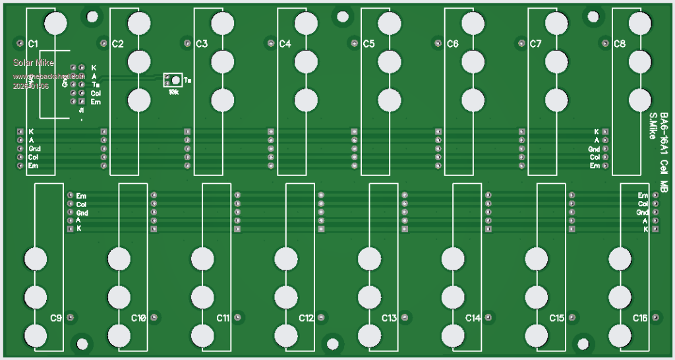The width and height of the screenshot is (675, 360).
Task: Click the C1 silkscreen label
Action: (33, 44)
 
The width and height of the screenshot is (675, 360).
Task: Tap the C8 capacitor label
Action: (619, 44)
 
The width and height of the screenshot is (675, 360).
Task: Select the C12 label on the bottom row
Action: (306, 318)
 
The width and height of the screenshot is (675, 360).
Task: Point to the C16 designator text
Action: (640, 318)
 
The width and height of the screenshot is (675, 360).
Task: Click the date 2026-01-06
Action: (31, 86)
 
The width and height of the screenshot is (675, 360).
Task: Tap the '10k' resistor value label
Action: (173, 92)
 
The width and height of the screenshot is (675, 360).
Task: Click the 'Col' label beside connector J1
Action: (96, 93)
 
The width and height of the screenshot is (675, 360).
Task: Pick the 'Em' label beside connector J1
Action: (96, 102)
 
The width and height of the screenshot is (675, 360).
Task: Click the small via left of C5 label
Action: (354, 44)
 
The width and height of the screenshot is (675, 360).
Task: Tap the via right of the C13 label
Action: (405, 318)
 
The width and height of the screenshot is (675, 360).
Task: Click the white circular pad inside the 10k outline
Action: (176, 80)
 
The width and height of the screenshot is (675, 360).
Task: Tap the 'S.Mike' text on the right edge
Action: (653, 125)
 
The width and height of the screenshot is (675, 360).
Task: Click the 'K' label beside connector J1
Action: (94, 67)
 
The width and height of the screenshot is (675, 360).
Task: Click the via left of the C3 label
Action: (187, 44)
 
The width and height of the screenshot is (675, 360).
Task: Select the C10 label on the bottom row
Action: (138, 318)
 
